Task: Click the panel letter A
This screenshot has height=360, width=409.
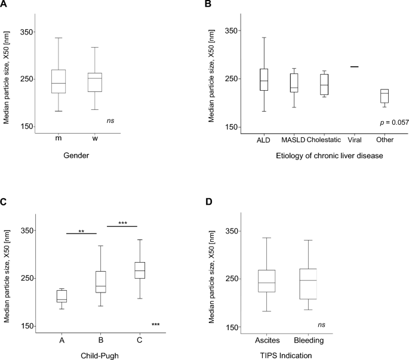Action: [x=5, y=5]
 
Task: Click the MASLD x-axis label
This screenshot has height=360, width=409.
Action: [x=294, y=140]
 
